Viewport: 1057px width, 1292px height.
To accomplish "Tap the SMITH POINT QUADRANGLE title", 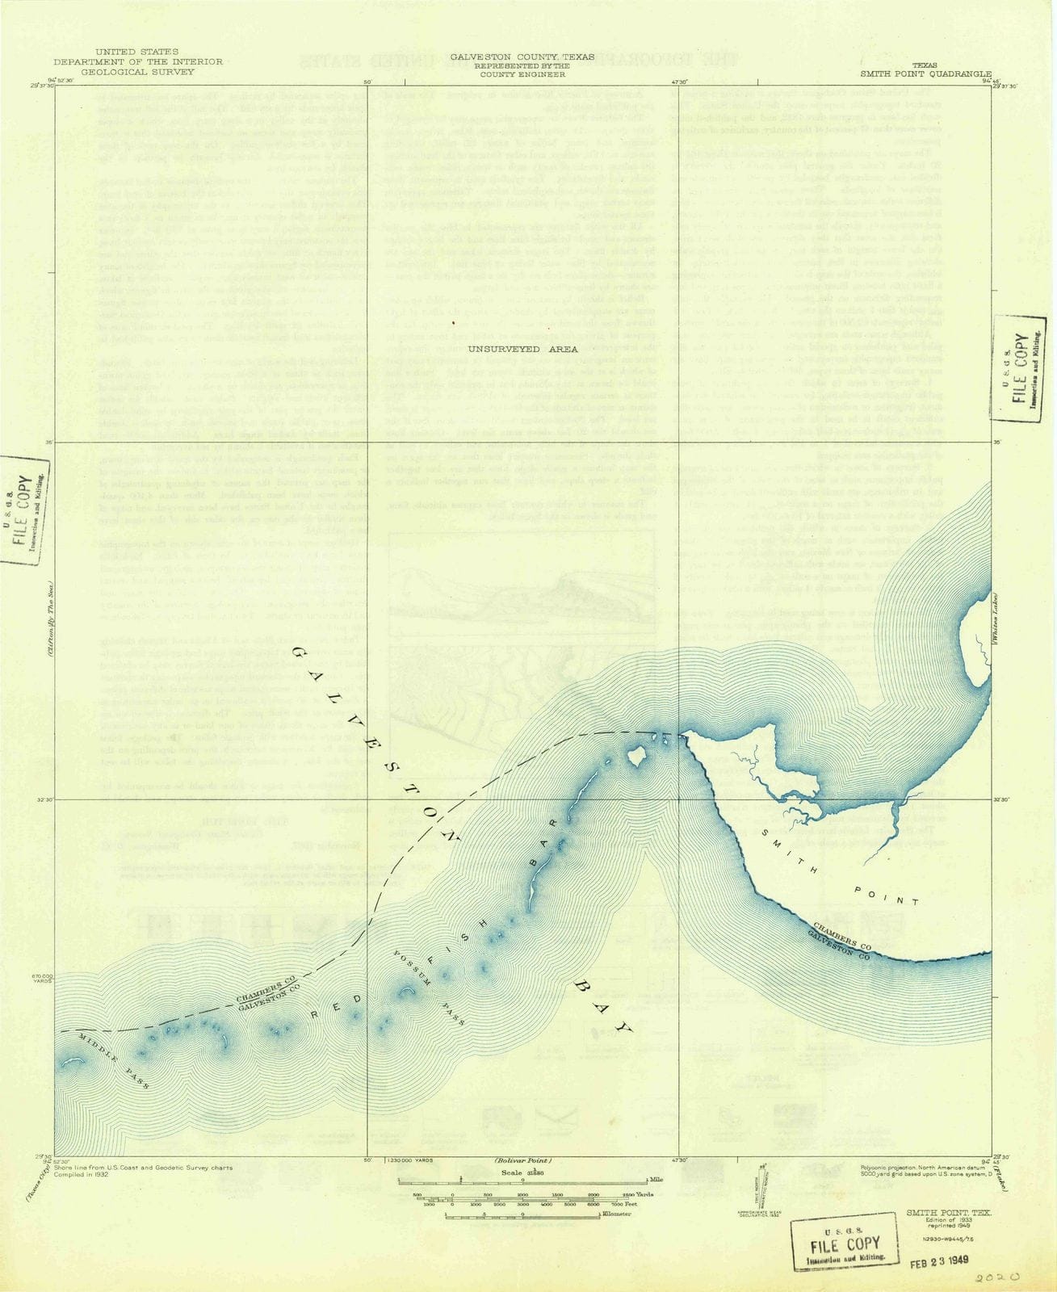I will (925, 73).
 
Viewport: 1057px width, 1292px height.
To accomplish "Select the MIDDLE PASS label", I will (113, 1059).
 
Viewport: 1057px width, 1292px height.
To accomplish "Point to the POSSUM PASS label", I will (428, 988).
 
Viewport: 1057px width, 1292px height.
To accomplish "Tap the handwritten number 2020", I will (998, 1278).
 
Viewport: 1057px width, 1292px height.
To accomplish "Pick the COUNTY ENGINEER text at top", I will (522, 74).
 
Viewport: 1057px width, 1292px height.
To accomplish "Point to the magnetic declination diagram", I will (759, 1187).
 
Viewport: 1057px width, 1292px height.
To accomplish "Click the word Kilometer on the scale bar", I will (615, 1214).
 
